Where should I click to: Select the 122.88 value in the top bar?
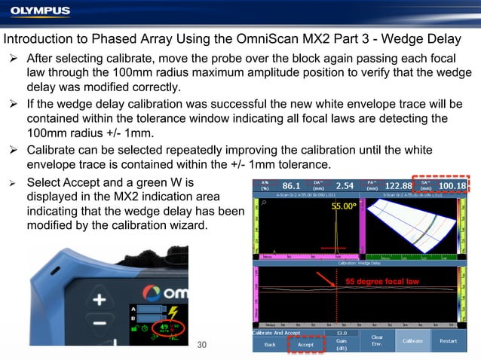pyautogui.click(x=397, y=185)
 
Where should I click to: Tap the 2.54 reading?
pyautogui.click(x=344, y=185)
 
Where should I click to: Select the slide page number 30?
pyautogui.click(x=201, y=345)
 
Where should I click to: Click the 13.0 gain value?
pyautogui.click(x=342, y=332)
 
